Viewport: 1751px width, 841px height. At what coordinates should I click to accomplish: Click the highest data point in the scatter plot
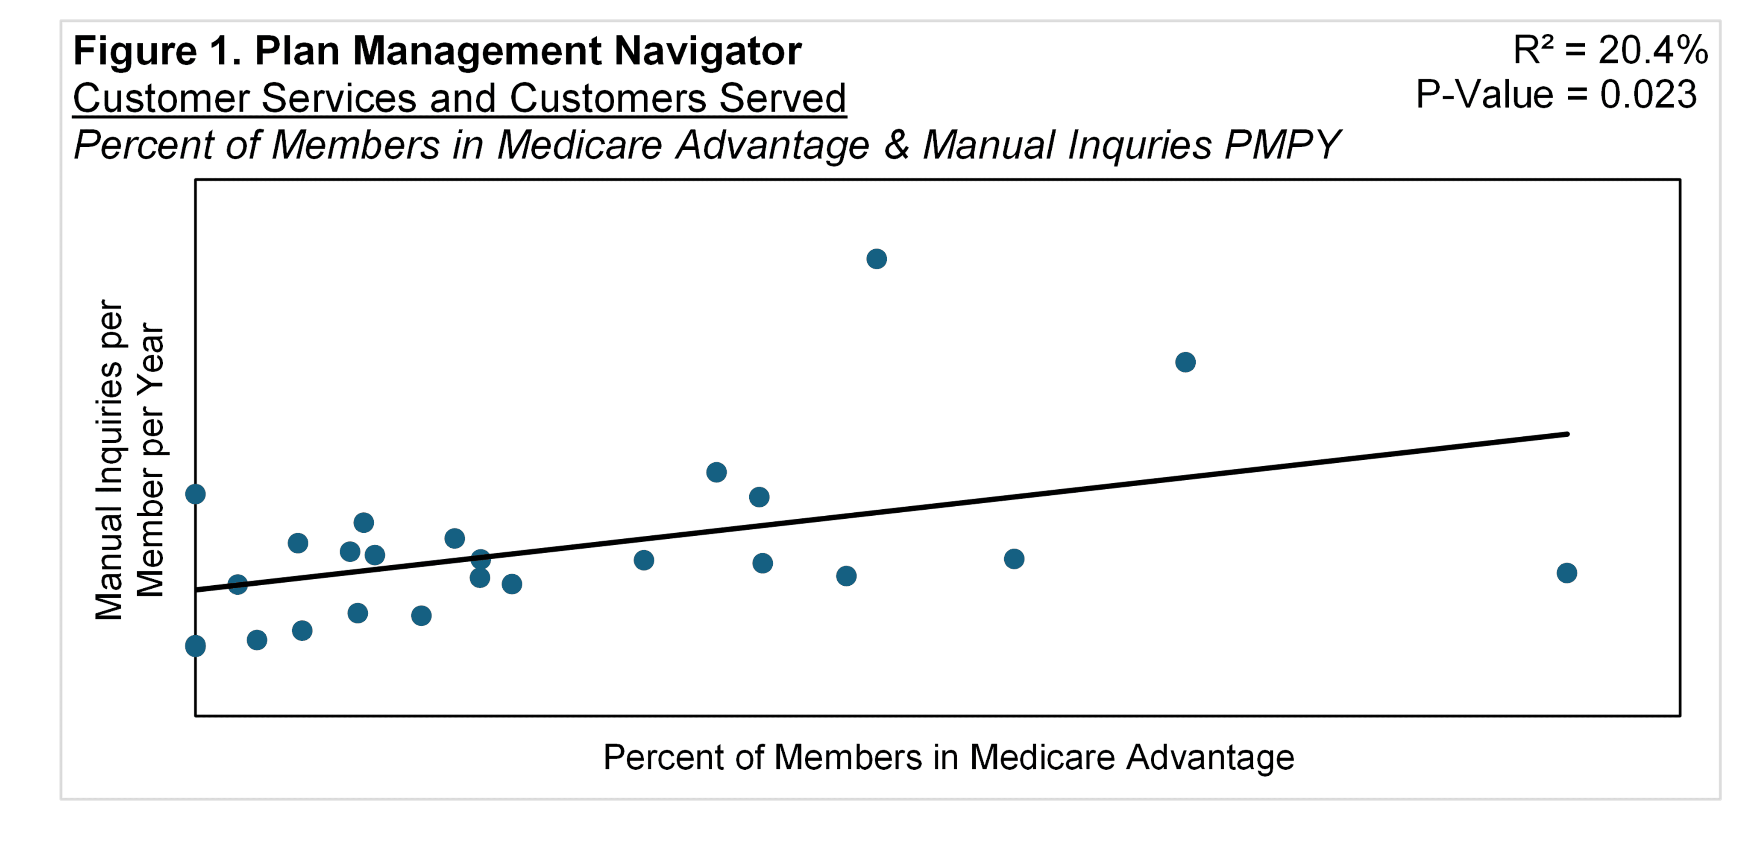click(876, 259)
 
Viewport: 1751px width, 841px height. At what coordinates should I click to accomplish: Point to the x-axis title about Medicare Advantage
click(948, 757)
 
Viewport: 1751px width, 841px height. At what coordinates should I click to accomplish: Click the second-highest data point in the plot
click(1185, 362)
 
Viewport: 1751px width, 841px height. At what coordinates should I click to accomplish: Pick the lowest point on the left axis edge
click(196, 645)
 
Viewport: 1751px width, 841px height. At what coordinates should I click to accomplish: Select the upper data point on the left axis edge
click(196, 494)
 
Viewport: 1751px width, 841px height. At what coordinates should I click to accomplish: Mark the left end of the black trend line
click(197, 590)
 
